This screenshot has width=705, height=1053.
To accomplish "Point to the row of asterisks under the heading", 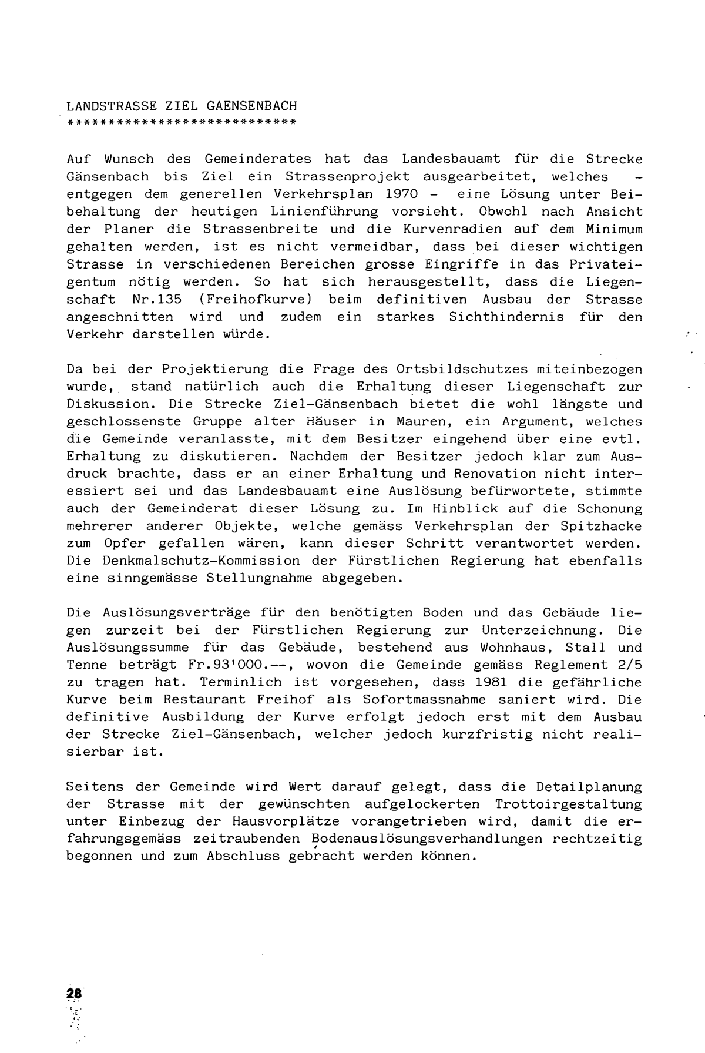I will tap(182, 122).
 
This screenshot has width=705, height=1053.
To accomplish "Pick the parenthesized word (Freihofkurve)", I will tap(254, 299).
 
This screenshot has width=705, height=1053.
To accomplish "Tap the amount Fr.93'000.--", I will tap(206, 665).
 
